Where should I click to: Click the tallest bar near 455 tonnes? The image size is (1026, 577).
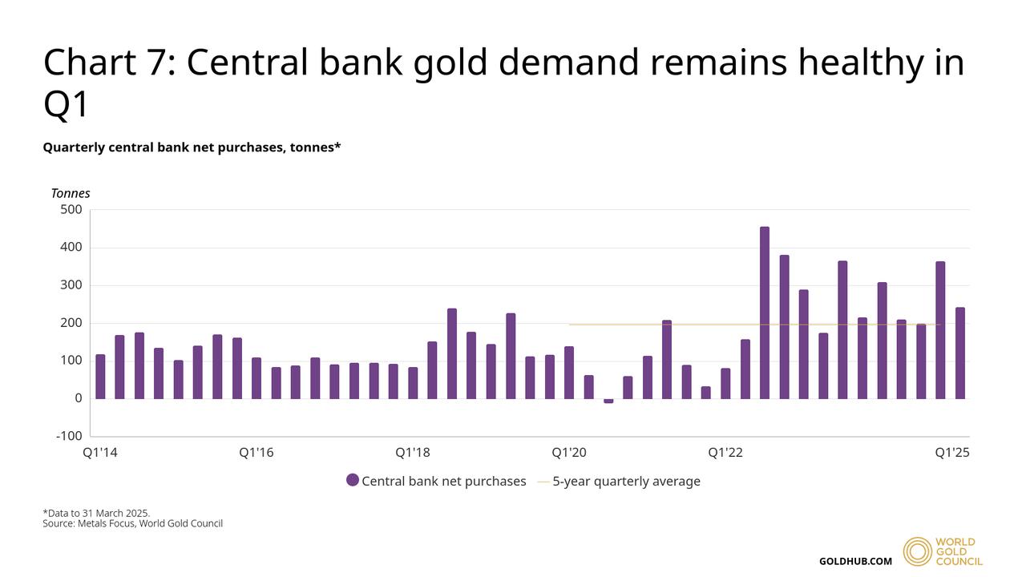click(x=765, y=313)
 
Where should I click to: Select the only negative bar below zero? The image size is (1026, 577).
click(x=608, y=401)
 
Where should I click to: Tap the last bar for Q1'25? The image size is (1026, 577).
click(x=959, y=353)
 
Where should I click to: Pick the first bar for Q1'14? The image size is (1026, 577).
click(x=100, y=377)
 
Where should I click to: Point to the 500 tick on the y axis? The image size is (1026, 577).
click(x=71, y=210)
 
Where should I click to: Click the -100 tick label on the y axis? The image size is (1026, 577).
click(x=69, y=436)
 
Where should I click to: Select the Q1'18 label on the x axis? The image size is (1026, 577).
click(x=413, y=453)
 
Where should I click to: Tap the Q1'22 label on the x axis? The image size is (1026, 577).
click(x=725, y=453)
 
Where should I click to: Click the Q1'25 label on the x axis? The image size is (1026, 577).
click(x=953, y=453)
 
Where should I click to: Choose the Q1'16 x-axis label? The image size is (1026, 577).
click(x=256, y=453)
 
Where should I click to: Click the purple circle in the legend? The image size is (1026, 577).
click(x=353, y=481)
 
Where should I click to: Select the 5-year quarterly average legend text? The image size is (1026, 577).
click(x=626, y=481)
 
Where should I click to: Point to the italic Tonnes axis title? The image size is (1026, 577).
click(x=71, y=193)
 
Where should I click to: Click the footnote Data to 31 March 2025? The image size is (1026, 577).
click(x=97, y=513)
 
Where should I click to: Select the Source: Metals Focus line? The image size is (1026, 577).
click(x=132, y=524)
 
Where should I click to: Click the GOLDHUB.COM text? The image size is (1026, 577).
click(x=855, y=561)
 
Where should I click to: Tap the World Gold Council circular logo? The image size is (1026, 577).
click(x=918, y=551)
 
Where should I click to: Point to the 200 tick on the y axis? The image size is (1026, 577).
click(x=71, y=323)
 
